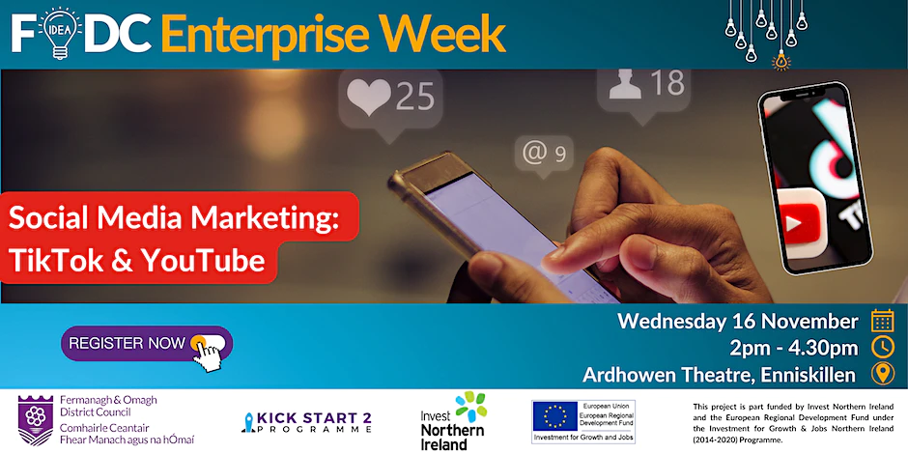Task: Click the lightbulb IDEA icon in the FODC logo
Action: [x=59, y=33]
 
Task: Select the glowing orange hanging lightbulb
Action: [x=781, y=60]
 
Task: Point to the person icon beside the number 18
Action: [x=625, y=83]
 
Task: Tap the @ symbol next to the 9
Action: [x=534, y=153]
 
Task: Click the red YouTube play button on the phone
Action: [x=801, y=220]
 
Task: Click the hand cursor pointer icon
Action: [x=207, y=353]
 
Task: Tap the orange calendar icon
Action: [x=883, y=321]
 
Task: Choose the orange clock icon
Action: [x=883, y=347]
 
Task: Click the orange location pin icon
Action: [x=883, y=374]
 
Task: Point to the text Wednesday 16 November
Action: [x=738, y=321]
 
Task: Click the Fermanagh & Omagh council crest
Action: [x=36, y=420]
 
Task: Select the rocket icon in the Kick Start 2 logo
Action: [x=249, y=422]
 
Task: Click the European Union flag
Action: [x=554, y=416]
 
